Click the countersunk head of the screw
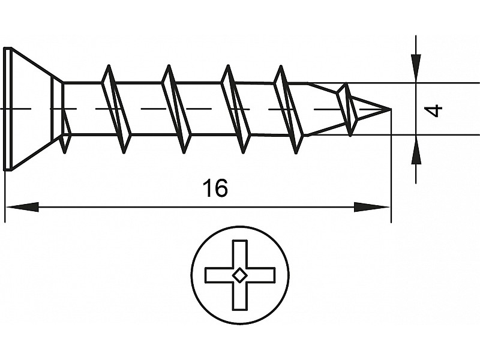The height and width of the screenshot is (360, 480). [30, 109]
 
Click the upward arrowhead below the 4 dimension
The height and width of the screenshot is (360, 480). [415, 151]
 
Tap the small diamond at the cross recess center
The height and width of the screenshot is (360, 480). [239, 275]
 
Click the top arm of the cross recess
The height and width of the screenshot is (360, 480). [239, 252]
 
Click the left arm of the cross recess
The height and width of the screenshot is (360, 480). [217, 275]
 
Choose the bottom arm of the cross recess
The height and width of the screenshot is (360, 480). [239, 298]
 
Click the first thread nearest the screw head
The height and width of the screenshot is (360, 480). [116, 109]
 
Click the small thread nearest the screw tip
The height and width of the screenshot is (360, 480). [347, 109]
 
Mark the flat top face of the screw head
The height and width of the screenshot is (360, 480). [7, 109]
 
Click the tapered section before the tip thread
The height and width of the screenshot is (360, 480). [321, 109]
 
